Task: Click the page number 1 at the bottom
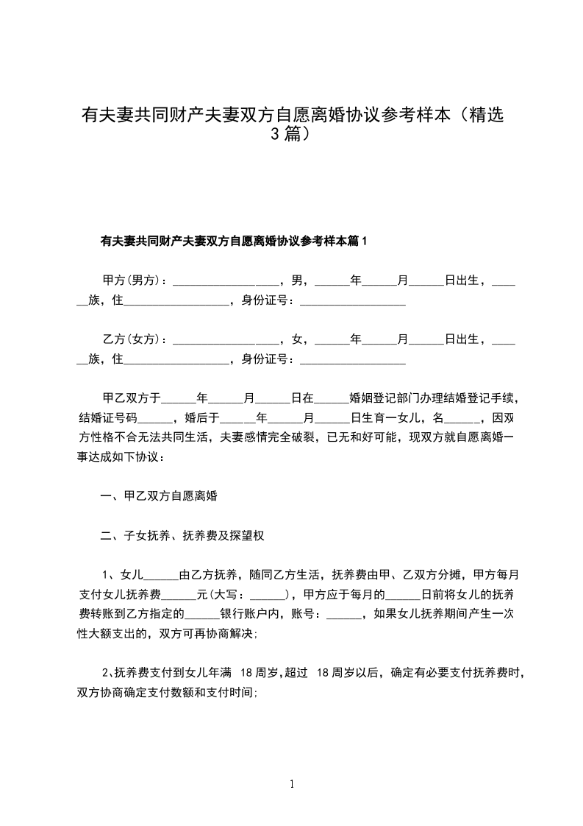pos(293,784)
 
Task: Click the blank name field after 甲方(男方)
pos(225,280)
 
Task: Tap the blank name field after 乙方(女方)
pos(225,339)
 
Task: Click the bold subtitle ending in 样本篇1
pos(233,241)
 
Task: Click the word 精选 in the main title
pos(486,115)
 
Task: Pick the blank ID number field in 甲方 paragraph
pos(353,300)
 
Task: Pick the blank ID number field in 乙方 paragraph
pos(353,359)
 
